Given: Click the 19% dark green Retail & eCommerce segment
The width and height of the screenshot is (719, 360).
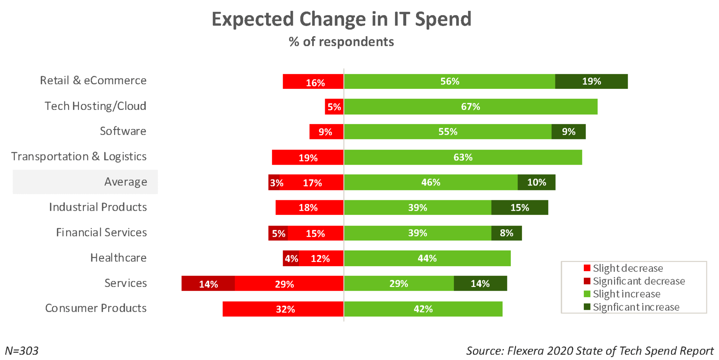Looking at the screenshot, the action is click(591, 81).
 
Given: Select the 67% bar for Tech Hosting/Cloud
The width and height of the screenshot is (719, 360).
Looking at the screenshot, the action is click(470, 107).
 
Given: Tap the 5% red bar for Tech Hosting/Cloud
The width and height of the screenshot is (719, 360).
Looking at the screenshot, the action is click(334, 107).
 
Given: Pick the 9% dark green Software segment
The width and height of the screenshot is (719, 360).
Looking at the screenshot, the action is click(568, 132).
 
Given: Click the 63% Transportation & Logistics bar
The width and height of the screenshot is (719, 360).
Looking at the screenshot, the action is click(463, 157).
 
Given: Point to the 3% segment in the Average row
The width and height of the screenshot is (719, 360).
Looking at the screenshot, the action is click(274, 182).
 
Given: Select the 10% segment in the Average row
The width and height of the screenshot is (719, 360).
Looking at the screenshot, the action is click(536, 182).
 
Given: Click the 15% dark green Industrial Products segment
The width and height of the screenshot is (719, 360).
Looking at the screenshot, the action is click(520, 208).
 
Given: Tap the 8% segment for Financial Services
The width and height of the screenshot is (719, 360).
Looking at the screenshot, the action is click(507, 233).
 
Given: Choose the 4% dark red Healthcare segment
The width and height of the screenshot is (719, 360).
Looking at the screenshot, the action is click(291, 258).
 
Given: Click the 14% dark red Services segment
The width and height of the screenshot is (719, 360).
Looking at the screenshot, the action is click(208, 283).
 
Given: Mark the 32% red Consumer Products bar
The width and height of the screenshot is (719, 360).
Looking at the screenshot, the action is click(283, 309).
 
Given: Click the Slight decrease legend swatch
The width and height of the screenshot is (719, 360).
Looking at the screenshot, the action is click(587, 268).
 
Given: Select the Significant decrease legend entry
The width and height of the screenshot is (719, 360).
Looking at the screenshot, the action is click(634, 281).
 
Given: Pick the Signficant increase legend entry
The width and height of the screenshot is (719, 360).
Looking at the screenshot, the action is click(631, 307).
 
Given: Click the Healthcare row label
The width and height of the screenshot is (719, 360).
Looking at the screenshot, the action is click(118, 258).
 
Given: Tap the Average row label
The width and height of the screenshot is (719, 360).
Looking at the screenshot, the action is click(126, 182).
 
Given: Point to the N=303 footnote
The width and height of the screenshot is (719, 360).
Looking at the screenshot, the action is click(22, 351).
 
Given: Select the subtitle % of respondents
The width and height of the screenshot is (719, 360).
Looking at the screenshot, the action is click(341, 42).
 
